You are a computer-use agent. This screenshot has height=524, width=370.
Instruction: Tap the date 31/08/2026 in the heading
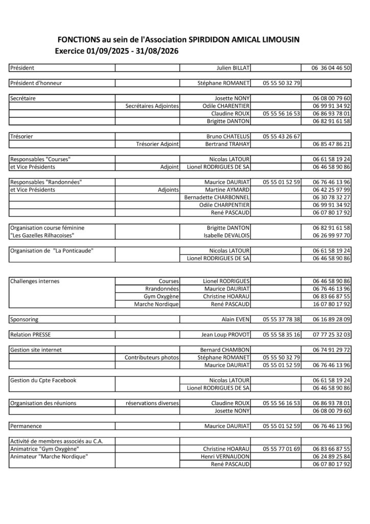[x=157, y=51]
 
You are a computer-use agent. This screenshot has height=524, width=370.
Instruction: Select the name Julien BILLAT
[x=233, y=68]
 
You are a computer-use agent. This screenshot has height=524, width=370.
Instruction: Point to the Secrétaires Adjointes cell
[x=152, y=106]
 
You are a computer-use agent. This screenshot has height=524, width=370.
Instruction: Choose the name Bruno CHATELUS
[x=227, y=137]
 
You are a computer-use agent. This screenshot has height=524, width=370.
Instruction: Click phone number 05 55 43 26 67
[x=282, y=137]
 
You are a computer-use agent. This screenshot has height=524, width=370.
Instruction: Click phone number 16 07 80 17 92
[x=332, y=304]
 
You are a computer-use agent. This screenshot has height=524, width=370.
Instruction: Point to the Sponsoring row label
[x=24, y=319]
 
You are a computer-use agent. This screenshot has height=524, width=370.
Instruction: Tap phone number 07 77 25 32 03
[x=332, y=335]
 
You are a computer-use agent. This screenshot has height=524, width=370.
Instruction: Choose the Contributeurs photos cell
[x=152, y=357]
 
